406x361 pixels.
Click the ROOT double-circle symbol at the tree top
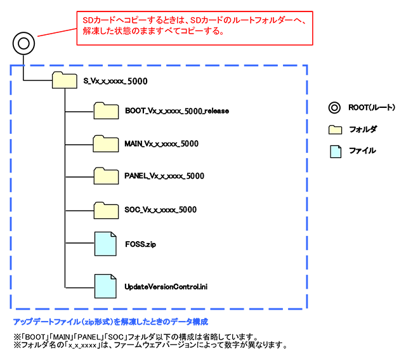[x=23, y=44]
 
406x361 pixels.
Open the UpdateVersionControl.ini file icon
[x=105, y=286]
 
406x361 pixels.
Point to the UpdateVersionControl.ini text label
[x=167, y=287]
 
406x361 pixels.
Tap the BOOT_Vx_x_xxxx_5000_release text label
[x=176, y=110]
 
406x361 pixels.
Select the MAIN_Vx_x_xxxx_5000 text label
[x=162, y=143]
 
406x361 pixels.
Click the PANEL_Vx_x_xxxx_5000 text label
[x=164, y=176]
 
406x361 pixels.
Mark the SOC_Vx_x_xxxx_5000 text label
[x=160, y=209]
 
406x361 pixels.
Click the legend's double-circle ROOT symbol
[x=334, y=107]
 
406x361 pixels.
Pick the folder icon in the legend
[x=334, y=129]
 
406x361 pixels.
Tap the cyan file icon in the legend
[x=334, y=151]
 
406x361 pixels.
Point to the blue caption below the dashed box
[x=111, y=322]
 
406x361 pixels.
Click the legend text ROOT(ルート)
[x=371, y=108]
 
